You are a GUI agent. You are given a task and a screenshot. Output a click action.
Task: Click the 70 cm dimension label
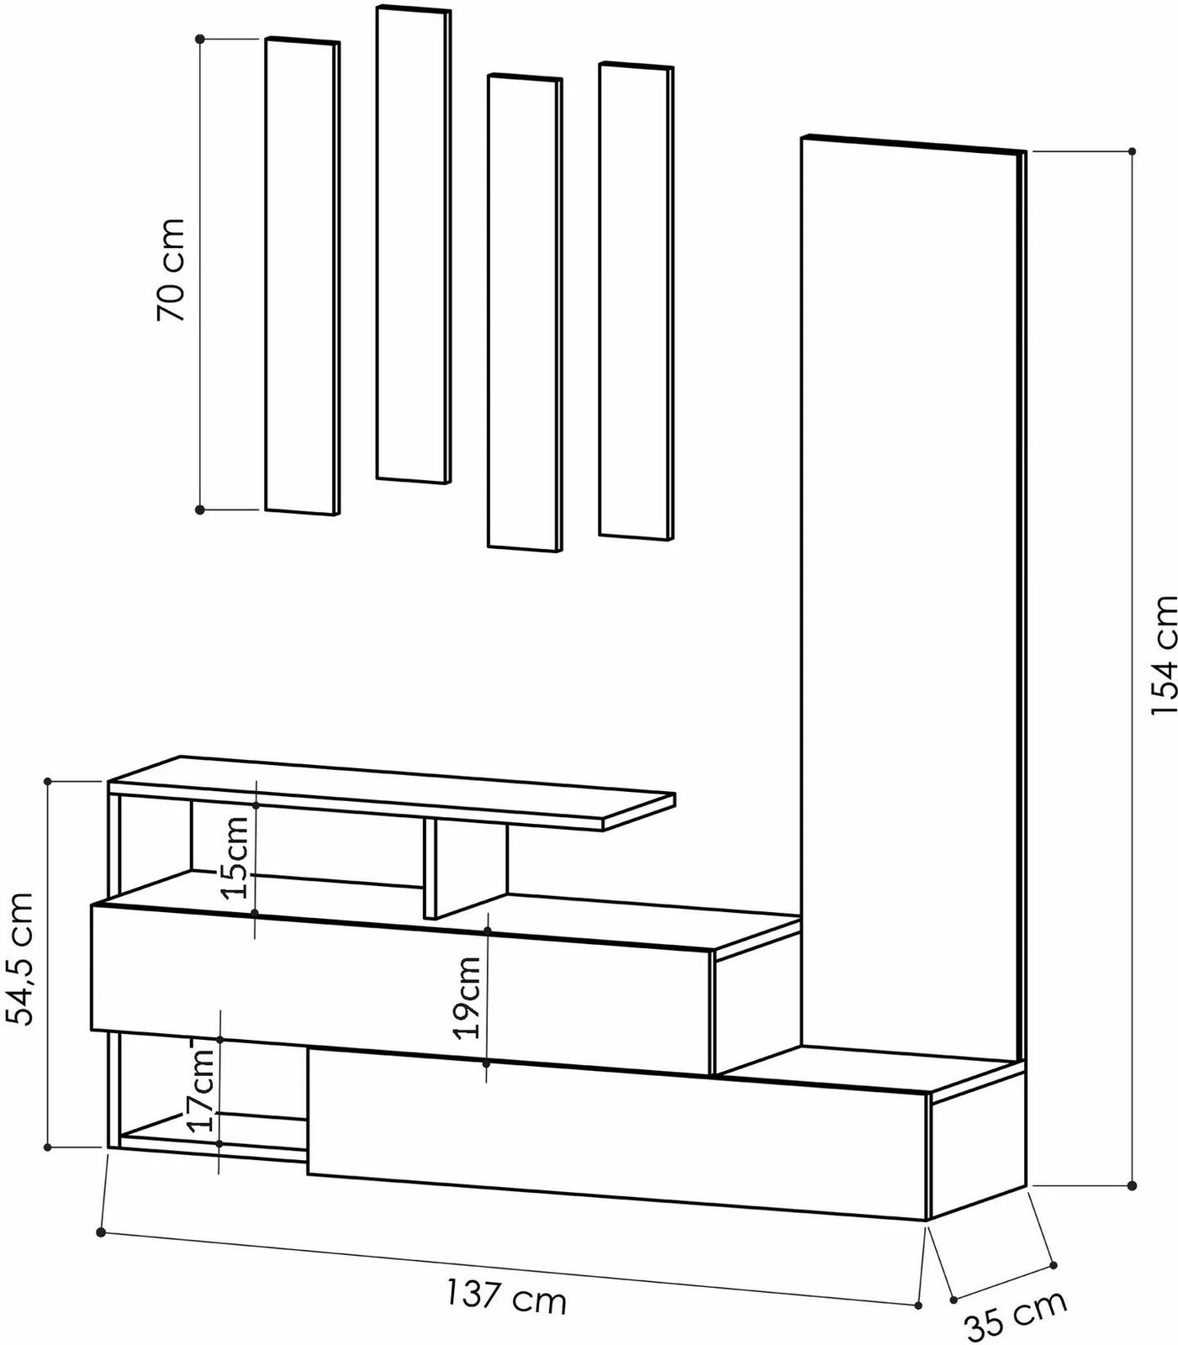171,270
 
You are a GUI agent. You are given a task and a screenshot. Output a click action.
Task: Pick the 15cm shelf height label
237,857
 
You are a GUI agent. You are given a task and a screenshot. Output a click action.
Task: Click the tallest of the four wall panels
412,244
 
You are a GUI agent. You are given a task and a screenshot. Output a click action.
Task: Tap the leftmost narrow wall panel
302,276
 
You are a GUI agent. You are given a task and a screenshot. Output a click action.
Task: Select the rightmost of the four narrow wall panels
636,298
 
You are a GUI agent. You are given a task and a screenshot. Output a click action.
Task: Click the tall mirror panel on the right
910,588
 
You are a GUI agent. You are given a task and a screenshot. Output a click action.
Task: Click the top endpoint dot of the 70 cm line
200,39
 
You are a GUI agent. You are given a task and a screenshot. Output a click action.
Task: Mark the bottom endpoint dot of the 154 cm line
1132,1185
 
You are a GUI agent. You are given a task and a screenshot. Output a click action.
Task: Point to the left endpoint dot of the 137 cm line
101,1232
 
